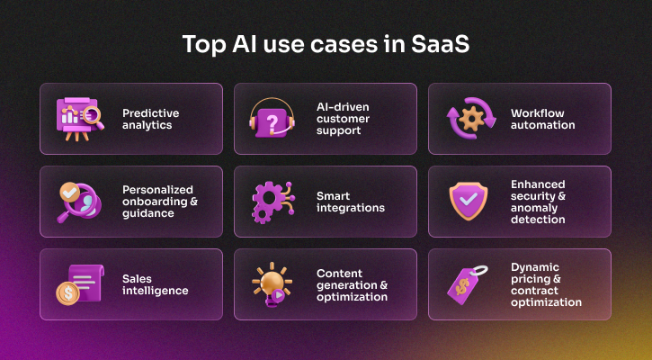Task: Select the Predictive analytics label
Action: (x=151, y=119)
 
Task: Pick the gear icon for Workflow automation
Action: (x=469, y=119)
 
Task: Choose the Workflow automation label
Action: (x=542, y=119)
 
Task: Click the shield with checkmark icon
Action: (x=469, y=202)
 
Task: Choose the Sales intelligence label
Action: (x=156, y=284)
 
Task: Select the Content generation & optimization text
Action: (x=353, y=284)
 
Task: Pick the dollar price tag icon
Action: (x=469, y=284)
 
